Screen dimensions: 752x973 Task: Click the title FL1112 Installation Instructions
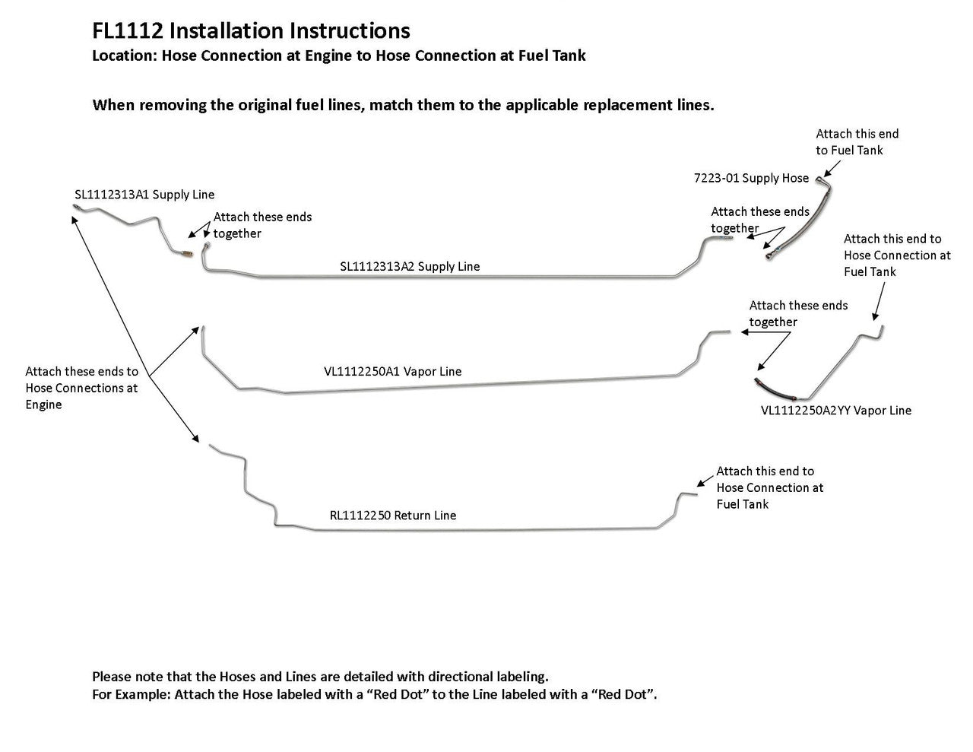click(251, 31)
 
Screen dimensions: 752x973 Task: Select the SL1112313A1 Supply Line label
click(144, 195)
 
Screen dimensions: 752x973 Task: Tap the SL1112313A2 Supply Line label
click(410, 266)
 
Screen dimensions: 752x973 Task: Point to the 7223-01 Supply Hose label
click(751, 178)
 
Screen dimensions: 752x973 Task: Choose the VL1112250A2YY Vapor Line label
click(835, 411)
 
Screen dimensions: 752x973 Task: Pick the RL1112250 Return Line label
click(393, 516)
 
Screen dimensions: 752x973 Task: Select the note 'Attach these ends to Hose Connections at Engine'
click(81, 388)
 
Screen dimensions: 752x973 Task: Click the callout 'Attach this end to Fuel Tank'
click(857, 142)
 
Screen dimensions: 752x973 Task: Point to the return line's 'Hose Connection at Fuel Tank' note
click(769, 487)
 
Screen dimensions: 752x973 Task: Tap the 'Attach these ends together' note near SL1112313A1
click(261, 225)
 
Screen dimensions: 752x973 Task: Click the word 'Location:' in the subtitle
click(123, 56)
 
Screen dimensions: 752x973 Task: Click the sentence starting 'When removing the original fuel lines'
click(403, 105)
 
